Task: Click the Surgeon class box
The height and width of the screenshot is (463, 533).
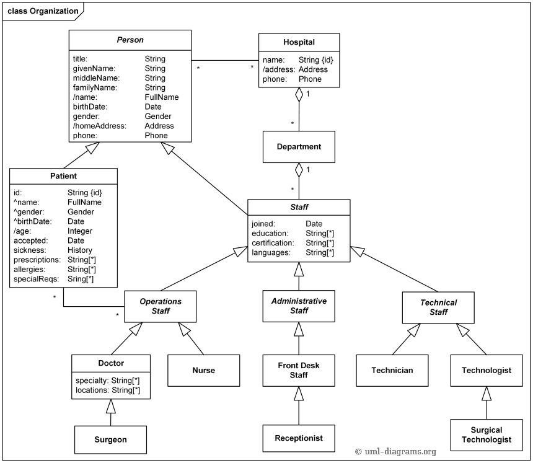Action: (x=110, y=439)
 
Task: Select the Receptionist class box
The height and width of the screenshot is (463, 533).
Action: (x=299, y=438)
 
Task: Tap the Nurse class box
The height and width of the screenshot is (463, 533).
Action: (x=203, y=370)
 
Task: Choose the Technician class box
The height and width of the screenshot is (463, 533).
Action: (x=392, y=370)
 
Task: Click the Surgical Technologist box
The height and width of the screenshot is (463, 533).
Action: (x=487, y=434)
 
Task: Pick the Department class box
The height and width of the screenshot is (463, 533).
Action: (x=299, y=147)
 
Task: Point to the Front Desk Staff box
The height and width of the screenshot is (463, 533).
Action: (x=299, y=370)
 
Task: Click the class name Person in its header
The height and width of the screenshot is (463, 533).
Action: (x=130, y=40)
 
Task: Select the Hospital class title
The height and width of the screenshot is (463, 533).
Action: (x=299, y=42)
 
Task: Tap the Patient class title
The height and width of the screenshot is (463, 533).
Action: (x=64, y=176)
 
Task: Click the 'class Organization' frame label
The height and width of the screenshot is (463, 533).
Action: (x=43, y=11)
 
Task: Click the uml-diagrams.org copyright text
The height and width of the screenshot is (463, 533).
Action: (x=395, y=452)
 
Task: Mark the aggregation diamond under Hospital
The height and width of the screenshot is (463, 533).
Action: (x=299, y=95)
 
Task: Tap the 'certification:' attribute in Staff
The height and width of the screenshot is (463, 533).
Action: (x=273, y=243)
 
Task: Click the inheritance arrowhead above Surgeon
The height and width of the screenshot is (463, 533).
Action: (x=110, y=406)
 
